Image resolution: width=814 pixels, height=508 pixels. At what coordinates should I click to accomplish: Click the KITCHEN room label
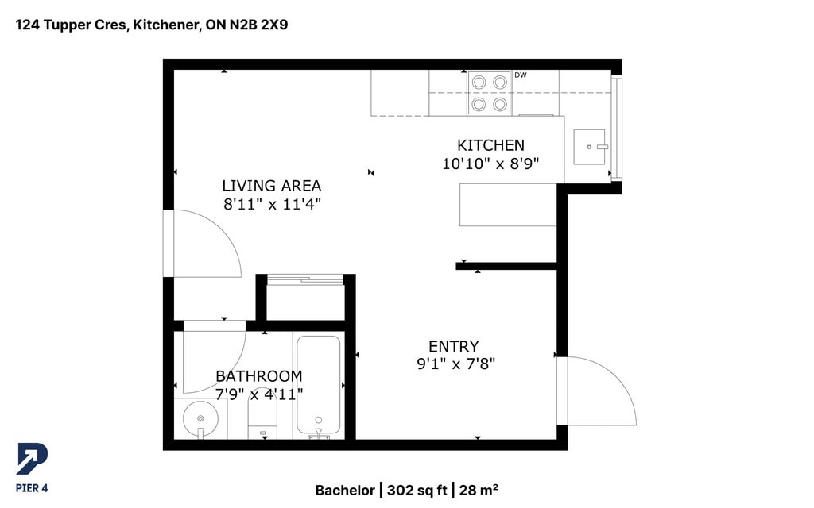click(x=490, y=145)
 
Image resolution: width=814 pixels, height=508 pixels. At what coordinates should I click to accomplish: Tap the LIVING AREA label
click(x=272, y=186)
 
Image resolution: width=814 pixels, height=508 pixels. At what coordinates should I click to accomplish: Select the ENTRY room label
click(x=454, y=346)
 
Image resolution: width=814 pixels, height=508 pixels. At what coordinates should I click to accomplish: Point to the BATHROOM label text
click(x=259, y=375)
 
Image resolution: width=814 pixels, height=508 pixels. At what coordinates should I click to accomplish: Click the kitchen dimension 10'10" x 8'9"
click(x=490, y=164)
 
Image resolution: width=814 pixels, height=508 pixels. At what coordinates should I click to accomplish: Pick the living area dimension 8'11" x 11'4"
click(x=272, y=204)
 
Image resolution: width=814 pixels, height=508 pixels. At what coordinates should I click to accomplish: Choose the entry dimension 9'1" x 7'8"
click(x=455, y=364)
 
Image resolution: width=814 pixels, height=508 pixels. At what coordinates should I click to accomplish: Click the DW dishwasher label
click(x=521, y=75)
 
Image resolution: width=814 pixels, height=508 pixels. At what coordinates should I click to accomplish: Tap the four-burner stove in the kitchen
click(x=489, y=93)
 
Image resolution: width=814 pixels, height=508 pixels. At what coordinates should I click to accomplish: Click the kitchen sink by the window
click(x=590, y=147)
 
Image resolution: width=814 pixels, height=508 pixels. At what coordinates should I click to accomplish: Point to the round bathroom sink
click(x=200, y=418)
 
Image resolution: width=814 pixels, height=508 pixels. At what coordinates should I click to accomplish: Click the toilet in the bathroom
click(x=262, y=414)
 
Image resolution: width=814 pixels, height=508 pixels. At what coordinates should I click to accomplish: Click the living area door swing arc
click(x=223, y=228)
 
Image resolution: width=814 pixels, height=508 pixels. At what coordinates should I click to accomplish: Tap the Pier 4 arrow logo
click(x=32, y=459)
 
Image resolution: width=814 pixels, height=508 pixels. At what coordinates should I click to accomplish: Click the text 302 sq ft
click(x=417, y=491)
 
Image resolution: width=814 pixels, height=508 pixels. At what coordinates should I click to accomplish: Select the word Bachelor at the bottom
click(x=345, y=491)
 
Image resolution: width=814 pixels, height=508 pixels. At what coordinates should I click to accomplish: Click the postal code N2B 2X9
click(x=258, y=25)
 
